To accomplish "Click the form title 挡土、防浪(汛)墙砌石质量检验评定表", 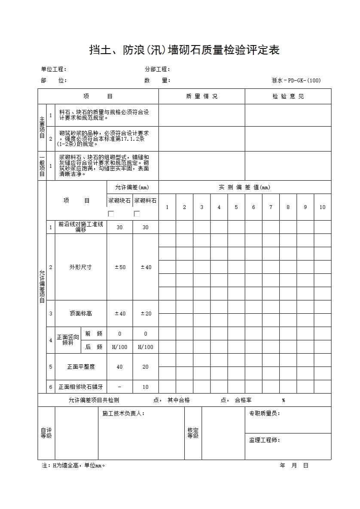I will click(x=184, y=51).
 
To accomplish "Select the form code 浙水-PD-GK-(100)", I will click(x=296, y=80).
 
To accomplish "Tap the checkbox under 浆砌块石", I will click(x=111, y=214).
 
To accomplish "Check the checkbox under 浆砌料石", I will click(x=137, y=214).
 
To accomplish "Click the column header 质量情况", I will click(x=201, y=97).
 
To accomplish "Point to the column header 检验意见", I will click(x=288, y=97).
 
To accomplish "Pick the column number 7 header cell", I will click(x=271, y=207).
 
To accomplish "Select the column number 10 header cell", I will click(x=322, y=207).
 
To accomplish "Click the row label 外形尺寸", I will click(x=81, y=267).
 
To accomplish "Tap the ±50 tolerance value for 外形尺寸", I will click(x=120, y=267).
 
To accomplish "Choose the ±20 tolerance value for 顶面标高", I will click(x=146, y=314).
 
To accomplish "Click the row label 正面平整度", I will click(x=81, y=367).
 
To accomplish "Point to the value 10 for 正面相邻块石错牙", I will click(x=146, y=387).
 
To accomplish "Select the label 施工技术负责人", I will click(x=123, y=414).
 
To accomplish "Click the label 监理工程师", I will click(x=265, y=440).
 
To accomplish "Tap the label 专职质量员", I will click(x=265, y=414).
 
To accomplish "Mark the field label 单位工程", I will click(x=54, y=70).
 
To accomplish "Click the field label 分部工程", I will click(x=158, y=70).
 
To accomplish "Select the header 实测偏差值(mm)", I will click(x=244, y=188).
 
